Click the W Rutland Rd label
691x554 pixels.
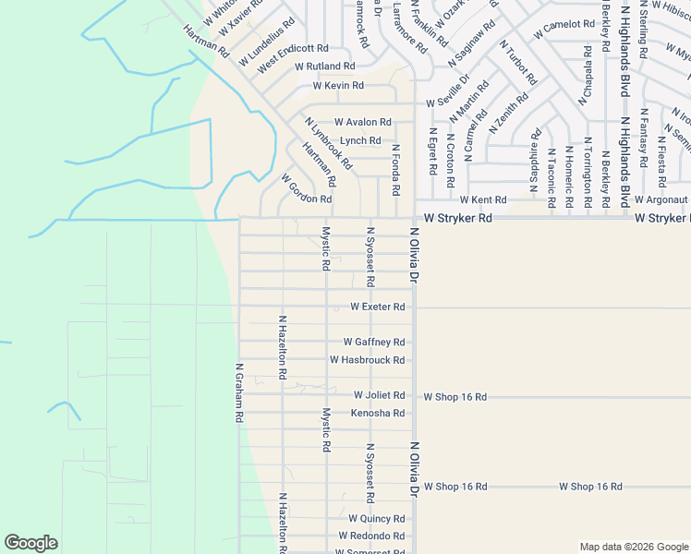pos(325,66)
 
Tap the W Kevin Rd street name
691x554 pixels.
pos(338,86)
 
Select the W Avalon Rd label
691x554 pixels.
pos(362,122)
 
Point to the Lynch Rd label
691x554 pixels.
pos(360,140)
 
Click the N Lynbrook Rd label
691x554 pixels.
pos(328,143)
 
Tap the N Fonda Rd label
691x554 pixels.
pos(395,169)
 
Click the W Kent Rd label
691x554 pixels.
pos(483,199)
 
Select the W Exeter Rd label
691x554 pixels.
pos(377,307)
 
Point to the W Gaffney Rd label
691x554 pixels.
pos(374,342)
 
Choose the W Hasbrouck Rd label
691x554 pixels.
pos(367,360)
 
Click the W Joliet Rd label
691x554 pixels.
pos(379,395)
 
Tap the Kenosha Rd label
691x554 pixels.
pos(378,413)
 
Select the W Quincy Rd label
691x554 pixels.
pos(376,519)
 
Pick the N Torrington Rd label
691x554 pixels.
pos(588,164)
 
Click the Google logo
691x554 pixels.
pos(30,543)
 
